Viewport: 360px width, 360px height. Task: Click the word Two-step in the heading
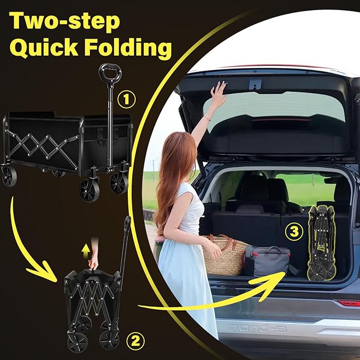[x=65, y=21]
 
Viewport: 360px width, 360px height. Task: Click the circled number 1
[x=127, y=100]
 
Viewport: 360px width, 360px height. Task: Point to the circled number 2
[x=135, y=341]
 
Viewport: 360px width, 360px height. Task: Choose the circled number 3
[x=294, y=232]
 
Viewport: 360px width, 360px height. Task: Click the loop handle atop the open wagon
[x=110, y=74]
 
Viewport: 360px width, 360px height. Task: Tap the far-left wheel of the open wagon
[x=9, y=177]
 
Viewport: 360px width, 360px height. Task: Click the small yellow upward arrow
[x=86, y=249]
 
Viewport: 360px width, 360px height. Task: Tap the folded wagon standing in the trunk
[x=321, y=243]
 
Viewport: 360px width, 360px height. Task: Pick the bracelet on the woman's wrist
[x=208, y=118]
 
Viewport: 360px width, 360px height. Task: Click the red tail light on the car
[x=348, y=303]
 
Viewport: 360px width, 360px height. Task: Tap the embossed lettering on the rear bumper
[x=258, y=328]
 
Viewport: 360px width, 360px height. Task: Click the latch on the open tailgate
[x=256, y=84]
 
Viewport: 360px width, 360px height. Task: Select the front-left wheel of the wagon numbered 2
[x=77, y=342]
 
